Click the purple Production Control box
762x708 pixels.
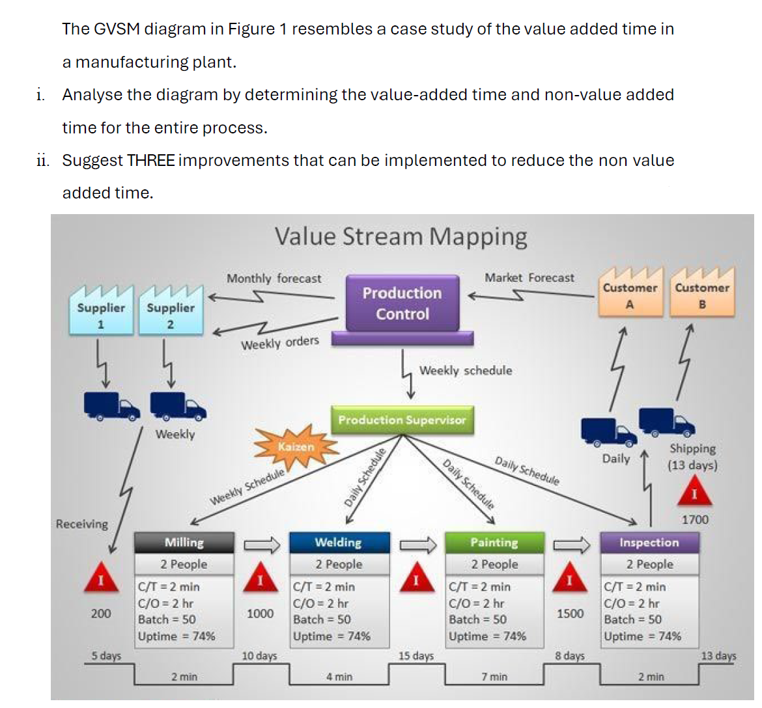[402, 303]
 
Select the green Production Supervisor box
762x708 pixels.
[402, 420]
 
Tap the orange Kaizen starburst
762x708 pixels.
[296, 447]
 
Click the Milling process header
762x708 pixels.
[184, 543]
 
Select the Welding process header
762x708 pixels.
[339, 543]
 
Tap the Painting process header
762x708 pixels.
[494, 543]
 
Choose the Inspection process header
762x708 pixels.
[649, 543]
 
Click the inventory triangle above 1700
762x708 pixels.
[694, 494]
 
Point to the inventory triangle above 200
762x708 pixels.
[101, 578]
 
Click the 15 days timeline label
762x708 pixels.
[416, 656]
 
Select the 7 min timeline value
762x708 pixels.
[494, 677]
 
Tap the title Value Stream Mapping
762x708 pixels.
[401, 236]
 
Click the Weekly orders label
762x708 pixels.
[280, 343]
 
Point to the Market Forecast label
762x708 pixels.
[529, 278]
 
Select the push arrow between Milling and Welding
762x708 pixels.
[261, 544]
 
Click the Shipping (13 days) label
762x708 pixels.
[692, 457]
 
